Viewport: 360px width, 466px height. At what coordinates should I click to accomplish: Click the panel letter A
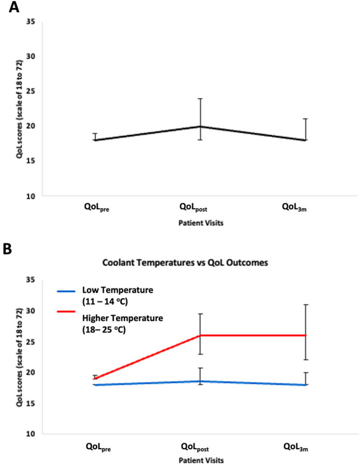pyautogui.click(x=14, y=7)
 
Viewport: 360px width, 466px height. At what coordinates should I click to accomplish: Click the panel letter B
pyautogui.click(x=7, y=249)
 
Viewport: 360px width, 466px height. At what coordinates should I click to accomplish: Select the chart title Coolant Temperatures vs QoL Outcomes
pyautogui.click(x=185, y=263)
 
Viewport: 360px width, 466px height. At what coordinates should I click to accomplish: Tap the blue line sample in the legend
pyautogui.click(x=66, y=291)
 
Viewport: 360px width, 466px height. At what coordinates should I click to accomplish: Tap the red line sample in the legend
pyautogui.click(x=66, y=311)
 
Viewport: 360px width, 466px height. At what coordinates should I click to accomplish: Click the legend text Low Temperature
pyautogui.click(x=118, y=290)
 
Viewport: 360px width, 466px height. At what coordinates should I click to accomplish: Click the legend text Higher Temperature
pyautogui.click(x=122, y=318)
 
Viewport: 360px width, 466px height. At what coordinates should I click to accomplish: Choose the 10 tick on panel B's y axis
pyautogui.click(x=31, y=434)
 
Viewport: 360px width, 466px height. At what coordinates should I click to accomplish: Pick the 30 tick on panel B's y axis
pyautogui.click(x=31, y=311)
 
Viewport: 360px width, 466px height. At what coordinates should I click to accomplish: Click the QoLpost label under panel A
pyautogui.click(x=193, y=207)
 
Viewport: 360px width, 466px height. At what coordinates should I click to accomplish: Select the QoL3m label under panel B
pyautogui.click(x=295, y=447)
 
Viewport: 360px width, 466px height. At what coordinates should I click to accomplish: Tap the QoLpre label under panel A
pyautogui.click(x=97, y=207)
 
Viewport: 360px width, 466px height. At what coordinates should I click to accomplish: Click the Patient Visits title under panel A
pyautogui.click(x=201, y=223)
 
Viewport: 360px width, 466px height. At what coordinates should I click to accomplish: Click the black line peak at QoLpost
pyautogui.click(x=200, y=127)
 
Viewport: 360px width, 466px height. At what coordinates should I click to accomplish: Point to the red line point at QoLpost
pyautogui.click(x=200, y=335)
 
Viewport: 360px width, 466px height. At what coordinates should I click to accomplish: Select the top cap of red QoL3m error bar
pyautogui.click(x=306, y=305)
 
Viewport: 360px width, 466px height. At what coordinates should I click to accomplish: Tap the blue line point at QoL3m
pyautogui.click(x=306, y=385)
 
